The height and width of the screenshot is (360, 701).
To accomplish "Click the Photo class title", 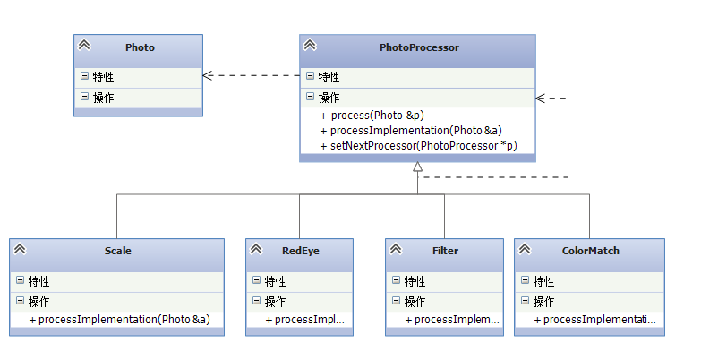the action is tap(140, 47).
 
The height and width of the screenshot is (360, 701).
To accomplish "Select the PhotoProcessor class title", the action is tap(419, 47).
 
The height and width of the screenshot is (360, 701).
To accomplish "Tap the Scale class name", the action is tap(118, 251).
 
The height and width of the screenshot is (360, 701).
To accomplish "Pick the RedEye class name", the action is tap(301, 251).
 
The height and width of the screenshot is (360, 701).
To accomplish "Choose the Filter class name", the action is tap(445, 251).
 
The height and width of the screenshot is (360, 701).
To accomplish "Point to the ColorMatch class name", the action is tap(591, 251).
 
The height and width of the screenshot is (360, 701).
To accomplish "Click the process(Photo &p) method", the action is tap(372, 116).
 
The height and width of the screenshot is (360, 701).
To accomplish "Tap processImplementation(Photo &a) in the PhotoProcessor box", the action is tap(411, 131).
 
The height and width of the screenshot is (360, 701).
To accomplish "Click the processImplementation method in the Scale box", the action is tap(120, 320).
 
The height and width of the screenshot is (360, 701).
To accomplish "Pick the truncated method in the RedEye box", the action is tap(305, 320).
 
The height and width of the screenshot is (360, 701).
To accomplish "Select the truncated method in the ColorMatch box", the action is tap(595, 320).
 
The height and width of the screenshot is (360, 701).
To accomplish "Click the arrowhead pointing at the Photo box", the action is tap(207, 75).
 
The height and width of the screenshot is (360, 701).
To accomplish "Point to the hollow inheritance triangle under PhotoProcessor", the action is tap(417, 167).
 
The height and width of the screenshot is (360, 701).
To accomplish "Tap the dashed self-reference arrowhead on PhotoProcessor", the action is tap(540, 99).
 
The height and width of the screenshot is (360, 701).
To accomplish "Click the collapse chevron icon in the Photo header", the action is tap(84, 45).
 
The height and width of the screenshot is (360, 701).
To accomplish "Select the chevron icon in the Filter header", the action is tap(396, 249).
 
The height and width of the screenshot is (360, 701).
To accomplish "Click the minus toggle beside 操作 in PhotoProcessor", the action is tap(310, 96).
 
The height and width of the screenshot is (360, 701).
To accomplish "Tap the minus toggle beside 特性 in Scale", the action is tap(20, 280).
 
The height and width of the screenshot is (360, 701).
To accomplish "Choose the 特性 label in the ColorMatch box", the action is tap(544, 281).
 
